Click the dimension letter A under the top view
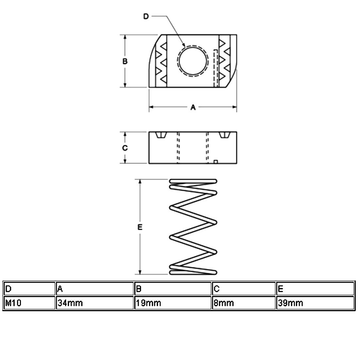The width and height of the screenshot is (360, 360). click(193, 107)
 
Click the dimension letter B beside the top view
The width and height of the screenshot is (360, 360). click(125, 61)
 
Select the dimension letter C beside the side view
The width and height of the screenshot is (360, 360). click(125, 148)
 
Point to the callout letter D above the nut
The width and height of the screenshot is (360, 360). click(146, 17)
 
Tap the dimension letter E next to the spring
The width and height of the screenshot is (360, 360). click(140, 227)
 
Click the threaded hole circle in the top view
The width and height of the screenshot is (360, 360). click(192, 61)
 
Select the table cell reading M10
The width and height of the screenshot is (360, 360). click(29, 303)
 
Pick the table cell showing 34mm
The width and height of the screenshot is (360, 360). click(95, 303)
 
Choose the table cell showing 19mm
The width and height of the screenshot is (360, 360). click(172, 303)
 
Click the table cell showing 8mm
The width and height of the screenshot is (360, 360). click(243, 303)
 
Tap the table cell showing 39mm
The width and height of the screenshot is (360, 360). click(315, 303)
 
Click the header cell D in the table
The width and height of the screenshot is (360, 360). click(29, 289)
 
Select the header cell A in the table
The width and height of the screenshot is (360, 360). click(95, 289)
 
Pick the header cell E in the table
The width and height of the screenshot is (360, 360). click(315, 289)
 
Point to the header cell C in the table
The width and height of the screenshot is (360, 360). click(243, 289)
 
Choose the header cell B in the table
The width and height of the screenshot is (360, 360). click(172, 289)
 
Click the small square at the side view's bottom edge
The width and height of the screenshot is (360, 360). click(216, 161)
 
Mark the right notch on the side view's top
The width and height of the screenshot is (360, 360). click(224, 135)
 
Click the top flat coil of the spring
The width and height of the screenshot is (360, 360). click(193, 181)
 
